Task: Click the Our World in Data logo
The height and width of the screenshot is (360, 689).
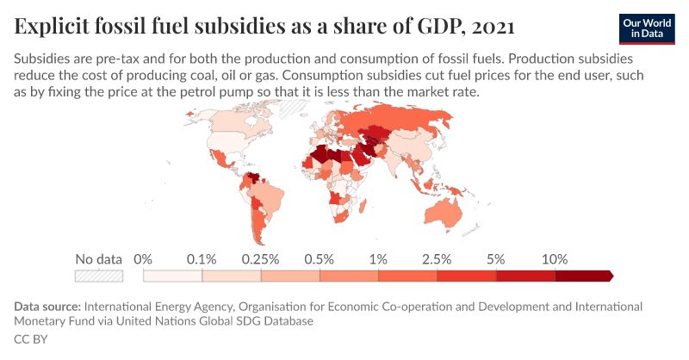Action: tap(647, 28)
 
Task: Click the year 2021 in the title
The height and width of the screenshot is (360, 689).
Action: tap(493, 27)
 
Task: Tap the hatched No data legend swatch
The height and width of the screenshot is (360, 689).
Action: tap(99, 276)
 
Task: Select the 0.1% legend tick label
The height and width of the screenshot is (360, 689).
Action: tap(202, 259)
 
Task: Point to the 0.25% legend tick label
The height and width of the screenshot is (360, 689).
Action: tap(260, 259)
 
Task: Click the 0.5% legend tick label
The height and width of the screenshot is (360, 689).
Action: tap(320, 259)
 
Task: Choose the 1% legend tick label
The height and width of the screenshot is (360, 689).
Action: tap(378, 259)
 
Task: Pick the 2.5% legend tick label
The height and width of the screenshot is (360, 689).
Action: tap(438, 259)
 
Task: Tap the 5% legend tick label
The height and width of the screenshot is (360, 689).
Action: tap(496, 259)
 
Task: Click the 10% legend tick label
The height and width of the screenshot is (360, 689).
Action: tap(556, 259)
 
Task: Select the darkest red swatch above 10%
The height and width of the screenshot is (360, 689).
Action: tap(584, 276)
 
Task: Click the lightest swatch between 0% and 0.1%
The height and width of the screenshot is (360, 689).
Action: tap(172, 276)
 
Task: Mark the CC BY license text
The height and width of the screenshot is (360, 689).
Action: tap(30, 339)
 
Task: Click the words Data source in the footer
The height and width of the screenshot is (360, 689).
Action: tap(47, 307)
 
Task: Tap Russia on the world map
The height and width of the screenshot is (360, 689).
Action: tap(396, 121)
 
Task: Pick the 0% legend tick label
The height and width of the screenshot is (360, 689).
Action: tap(143, 259)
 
